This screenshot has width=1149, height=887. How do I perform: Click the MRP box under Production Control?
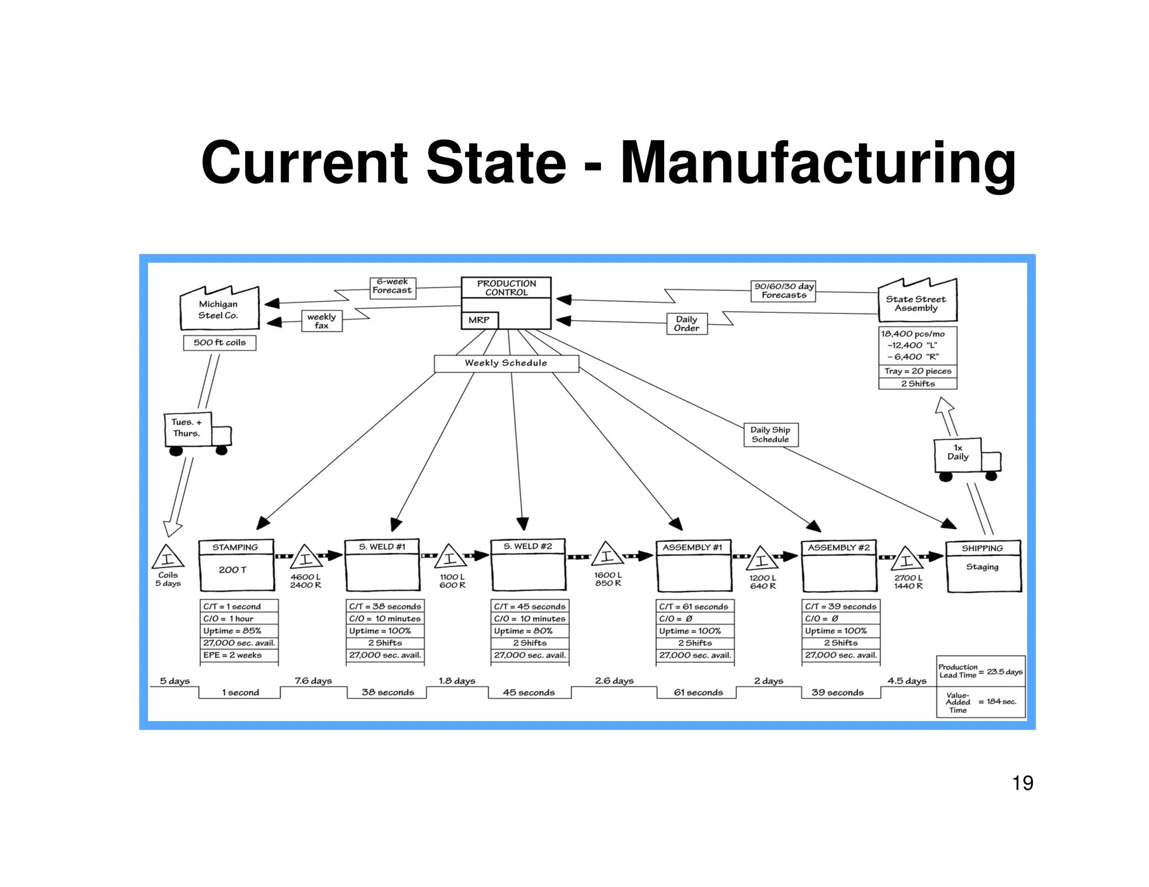pyautogui.click(x=479, y=320)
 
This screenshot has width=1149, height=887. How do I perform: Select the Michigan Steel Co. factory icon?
pyautogui.click(x=219, y=309)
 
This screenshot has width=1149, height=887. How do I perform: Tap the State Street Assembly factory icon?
pyautogui.click(x=917, y=303)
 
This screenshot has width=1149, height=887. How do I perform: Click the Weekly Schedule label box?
pyautogui.click(x=506, y=363)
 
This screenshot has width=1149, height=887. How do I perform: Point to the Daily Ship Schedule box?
pyautogui.click(x=770, y=435)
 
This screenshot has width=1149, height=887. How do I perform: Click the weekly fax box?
pyautogui.click(x=321, y=321)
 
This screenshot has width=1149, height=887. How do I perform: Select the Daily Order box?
pyautogui.click(x=687, y=324)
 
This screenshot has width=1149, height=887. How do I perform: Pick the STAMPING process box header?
pyautogui.click(x=236, y=547)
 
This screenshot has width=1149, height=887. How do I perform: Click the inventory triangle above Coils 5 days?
pyautogui.click(x=168, y=557)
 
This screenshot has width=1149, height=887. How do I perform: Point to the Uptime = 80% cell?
pyautogui.click(x=530, y=631)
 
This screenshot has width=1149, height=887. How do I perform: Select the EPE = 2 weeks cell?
pyautogui.click(x=238, y=655)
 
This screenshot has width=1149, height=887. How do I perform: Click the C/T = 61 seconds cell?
pyautogui.click(x=695, y=607)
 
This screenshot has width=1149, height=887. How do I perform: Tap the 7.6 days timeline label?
pyautogui.click(x=314, y=681)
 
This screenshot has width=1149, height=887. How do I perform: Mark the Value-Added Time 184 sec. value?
pyautogui.click(x=1001, y=701)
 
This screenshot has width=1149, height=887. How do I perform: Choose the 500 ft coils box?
pyautogui.click(x=219, y=343)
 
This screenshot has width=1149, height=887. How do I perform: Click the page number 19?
pyautogui.click(x=1022, y=783)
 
